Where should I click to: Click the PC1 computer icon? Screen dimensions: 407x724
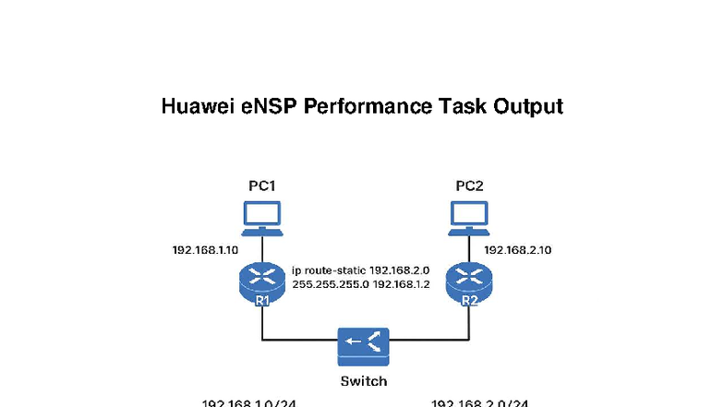[262, 216]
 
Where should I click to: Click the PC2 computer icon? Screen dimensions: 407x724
[469, 216]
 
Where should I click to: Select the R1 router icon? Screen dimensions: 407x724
[262, 280]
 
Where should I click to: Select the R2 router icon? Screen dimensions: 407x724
[469, 280]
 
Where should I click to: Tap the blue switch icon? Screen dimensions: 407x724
[363, 344]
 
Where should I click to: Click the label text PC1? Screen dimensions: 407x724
[262, 186]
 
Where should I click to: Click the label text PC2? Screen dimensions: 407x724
[469, 186]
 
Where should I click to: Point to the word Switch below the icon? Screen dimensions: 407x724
[363, 380]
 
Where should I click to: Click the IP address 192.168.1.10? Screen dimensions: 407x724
[205, 250]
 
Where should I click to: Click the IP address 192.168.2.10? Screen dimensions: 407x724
[518, 250]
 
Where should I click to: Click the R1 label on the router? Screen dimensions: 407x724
[262, 300]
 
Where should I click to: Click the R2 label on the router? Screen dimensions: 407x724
[469, 300]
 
